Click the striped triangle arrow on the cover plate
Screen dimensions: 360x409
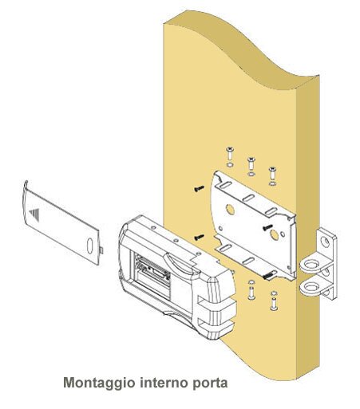pos(35,214)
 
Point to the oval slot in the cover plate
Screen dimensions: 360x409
pos(90,246)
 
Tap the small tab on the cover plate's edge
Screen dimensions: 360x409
pos(101,250)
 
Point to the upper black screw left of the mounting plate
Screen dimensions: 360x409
pos(199,188)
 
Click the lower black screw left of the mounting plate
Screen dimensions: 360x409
pos(199,237)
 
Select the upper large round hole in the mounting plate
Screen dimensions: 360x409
pos(230,210)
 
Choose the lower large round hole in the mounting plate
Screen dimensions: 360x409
pos(274,235)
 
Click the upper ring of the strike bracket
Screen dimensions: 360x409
pos(311,264)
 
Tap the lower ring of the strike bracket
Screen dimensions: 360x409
pos(311,286)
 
